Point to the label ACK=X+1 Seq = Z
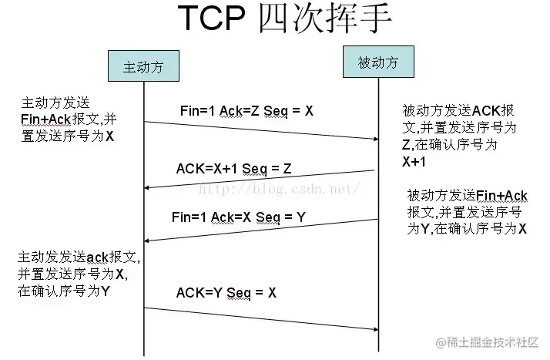[233, 167]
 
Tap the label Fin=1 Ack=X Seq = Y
[238, 217]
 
